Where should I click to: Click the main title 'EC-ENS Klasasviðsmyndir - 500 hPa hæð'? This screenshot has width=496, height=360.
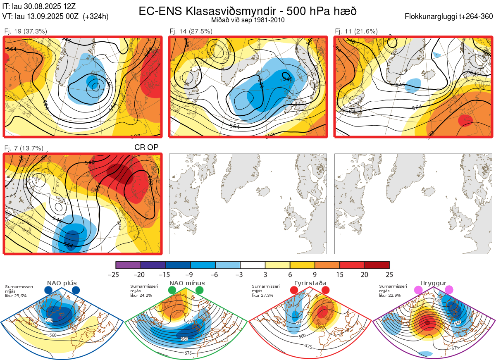tap(248, 11)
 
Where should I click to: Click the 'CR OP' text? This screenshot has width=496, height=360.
tap(146, 148)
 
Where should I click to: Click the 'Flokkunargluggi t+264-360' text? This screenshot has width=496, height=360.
tap(450, 17)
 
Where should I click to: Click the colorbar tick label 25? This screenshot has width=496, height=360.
tap(389, 274)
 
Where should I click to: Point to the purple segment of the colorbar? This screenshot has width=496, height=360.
tap(128, 265)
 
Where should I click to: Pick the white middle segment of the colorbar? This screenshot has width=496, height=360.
tap(253, 265)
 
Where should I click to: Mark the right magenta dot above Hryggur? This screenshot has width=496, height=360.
tap(449, 290)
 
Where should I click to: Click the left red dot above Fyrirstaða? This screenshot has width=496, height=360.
tap(294, 290)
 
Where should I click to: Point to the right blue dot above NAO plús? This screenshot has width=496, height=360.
tap(76, 290)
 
